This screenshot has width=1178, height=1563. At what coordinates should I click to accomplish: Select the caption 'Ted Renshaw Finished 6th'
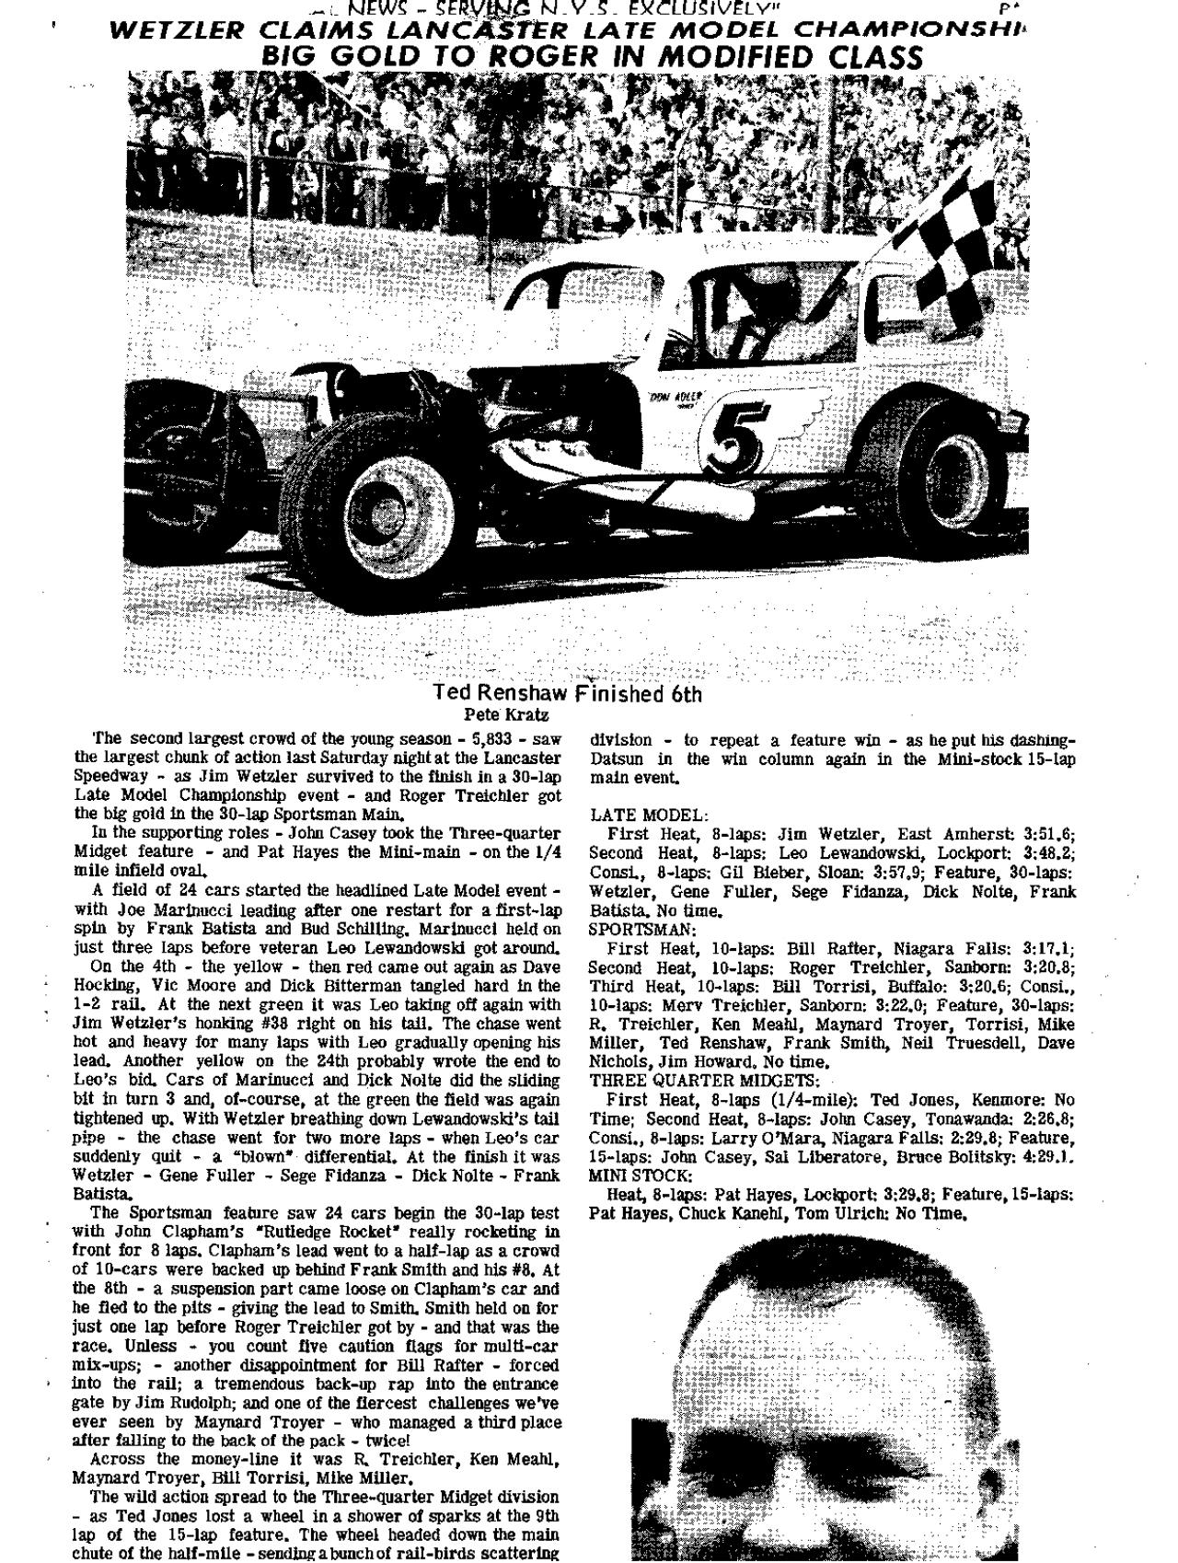pos(568,693)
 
